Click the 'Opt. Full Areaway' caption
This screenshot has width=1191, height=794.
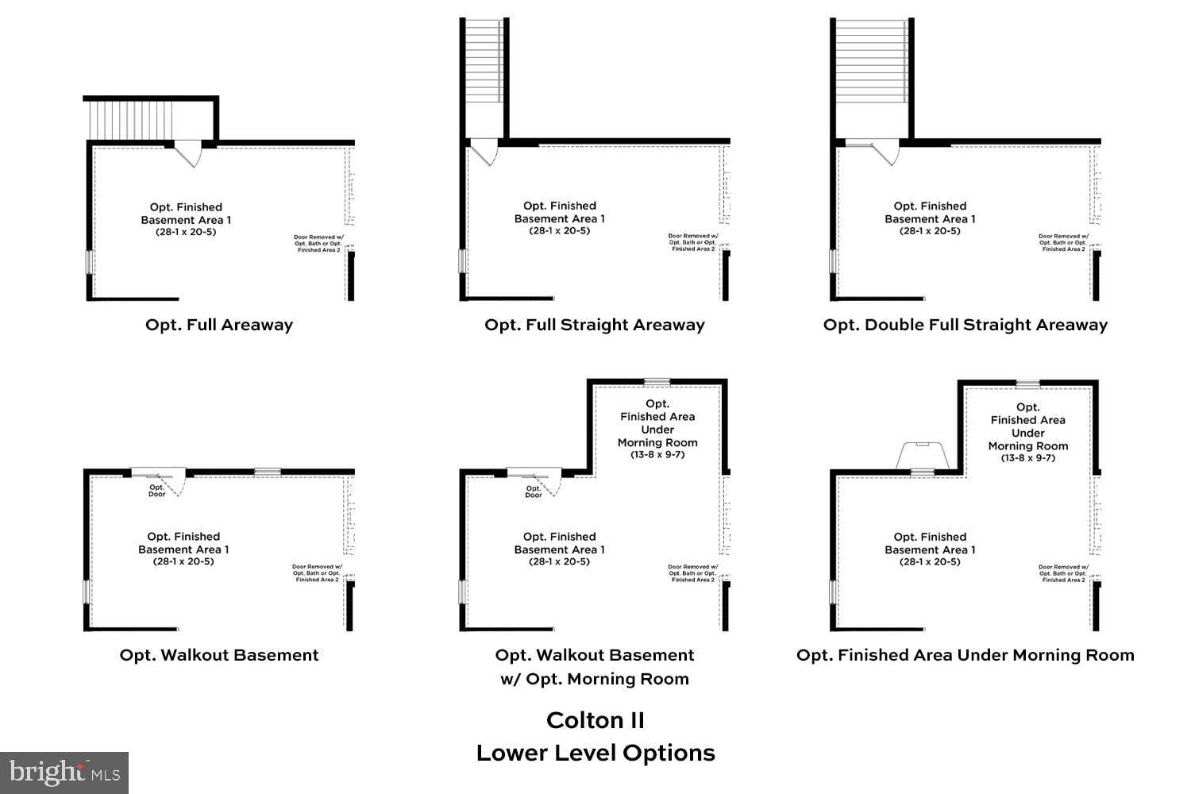click(x=219, y=325)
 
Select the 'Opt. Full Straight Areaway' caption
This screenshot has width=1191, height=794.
click(x=595, y=325)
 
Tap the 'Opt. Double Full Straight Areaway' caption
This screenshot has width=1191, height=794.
click(x=965, y=325)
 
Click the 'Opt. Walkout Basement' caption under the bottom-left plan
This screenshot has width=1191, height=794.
click(x=219, y=655)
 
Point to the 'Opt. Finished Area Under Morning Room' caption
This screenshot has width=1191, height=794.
click(x=965, y=655)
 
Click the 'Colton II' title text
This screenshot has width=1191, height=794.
click(x=595, y=720)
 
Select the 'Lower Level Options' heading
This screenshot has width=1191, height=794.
click(x=595, y=753)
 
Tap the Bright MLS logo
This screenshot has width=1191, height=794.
click(x=64, y=773)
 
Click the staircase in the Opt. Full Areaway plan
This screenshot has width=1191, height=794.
click(x=127, y=120)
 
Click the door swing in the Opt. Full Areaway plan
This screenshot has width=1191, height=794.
click(x=188, y=153)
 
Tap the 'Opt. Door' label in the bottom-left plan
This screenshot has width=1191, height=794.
click(x=157, y=491)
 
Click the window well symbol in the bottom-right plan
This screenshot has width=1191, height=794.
click(x=922, y=456)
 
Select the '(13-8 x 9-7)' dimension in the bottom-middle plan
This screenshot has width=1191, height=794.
click(x=657, y=455)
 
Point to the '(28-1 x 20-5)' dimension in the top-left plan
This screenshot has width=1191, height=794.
click(x=186, y=233)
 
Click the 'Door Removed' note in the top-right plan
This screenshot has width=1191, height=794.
click(x=1063, y=242)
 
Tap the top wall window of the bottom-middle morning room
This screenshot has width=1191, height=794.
click(x=657, y=382)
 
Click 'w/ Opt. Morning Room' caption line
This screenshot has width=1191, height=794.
click(x=595, y=679)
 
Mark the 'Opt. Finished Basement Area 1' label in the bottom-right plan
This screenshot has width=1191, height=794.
click(x=930, y=543)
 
